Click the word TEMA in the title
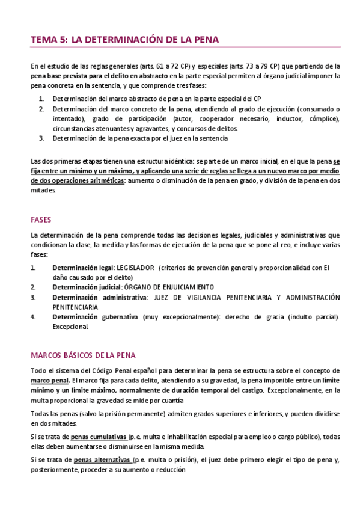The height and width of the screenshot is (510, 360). (x=43, y=40)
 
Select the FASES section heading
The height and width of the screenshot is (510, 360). (x=41, y=220)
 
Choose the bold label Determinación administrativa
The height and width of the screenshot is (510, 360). (x=99, y=297)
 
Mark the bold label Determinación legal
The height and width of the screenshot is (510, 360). (x=82, y=267)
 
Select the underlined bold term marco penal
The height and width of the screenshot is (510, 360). (x=50, y=380)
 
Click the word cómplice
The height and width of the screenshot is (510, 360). (x=325, y=118)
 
